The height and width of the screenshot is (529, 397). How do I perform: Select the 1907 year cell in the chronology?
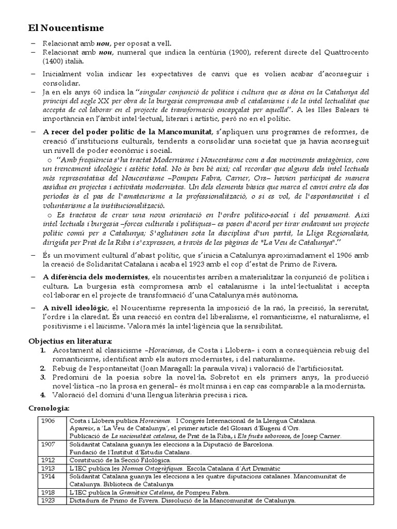click(48, 444)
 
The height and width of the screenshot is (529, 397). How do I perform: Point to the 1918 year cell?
click(48, 493)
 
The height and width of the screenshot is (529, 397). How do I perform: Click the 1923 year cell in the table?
click(48, 501)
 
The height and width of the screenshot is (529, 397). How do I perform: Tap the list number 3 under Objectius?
click(44, 377)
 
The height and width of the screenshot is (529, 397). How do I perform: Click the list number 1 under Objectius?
click(44, 351)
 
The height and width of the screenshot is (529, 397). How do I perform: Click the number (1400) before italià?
click(54, 60)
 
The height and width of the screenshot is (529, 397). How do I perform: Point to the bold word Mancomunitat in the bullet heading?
click(180, 132)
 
